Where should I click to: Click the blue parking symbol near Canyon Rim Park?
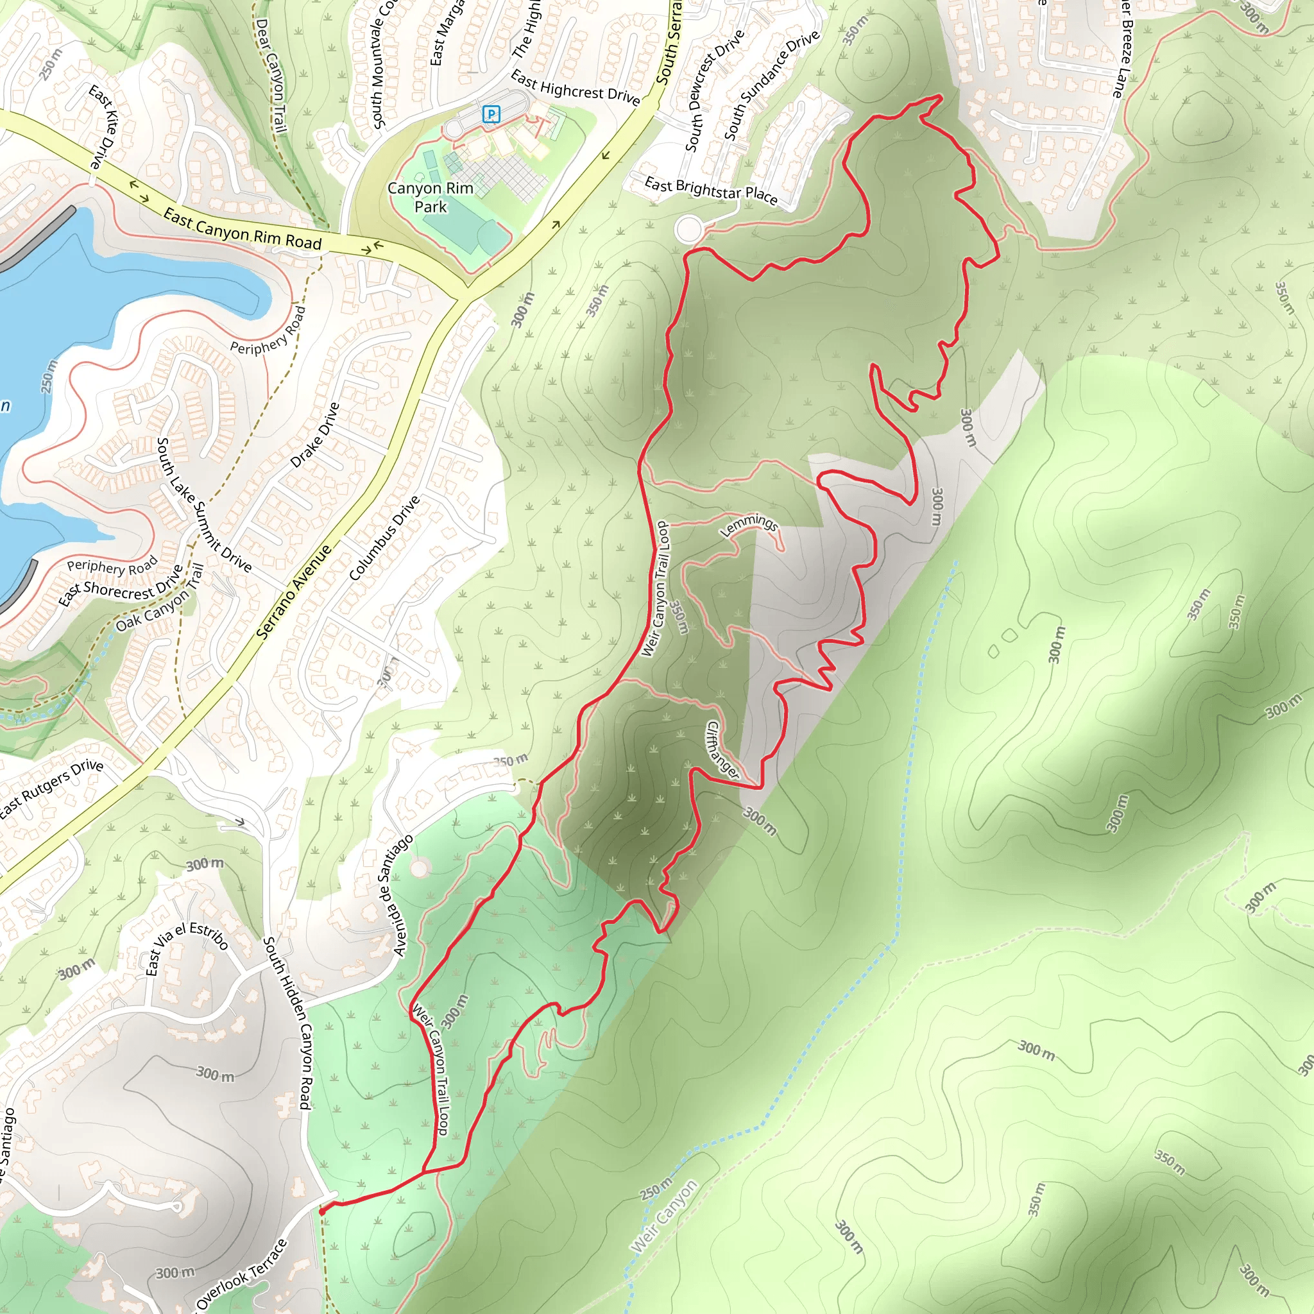(491, 114)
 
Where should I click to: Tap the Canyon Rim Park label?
(431, 197)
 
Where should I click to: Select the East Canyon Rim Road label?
(242, 229)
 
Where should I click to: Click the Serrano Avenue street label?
(294, 592)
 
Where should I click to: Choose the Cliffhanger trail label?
(722, 749)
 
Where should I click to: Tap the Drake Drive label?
(314, 434)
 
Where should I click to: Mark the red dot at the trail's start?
(321, 1211)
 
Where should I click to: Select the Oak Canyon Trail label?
(160, 599)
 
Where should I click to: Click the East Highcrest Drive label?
(575, 89)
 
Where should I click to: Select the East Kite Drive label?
(104, 127)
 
